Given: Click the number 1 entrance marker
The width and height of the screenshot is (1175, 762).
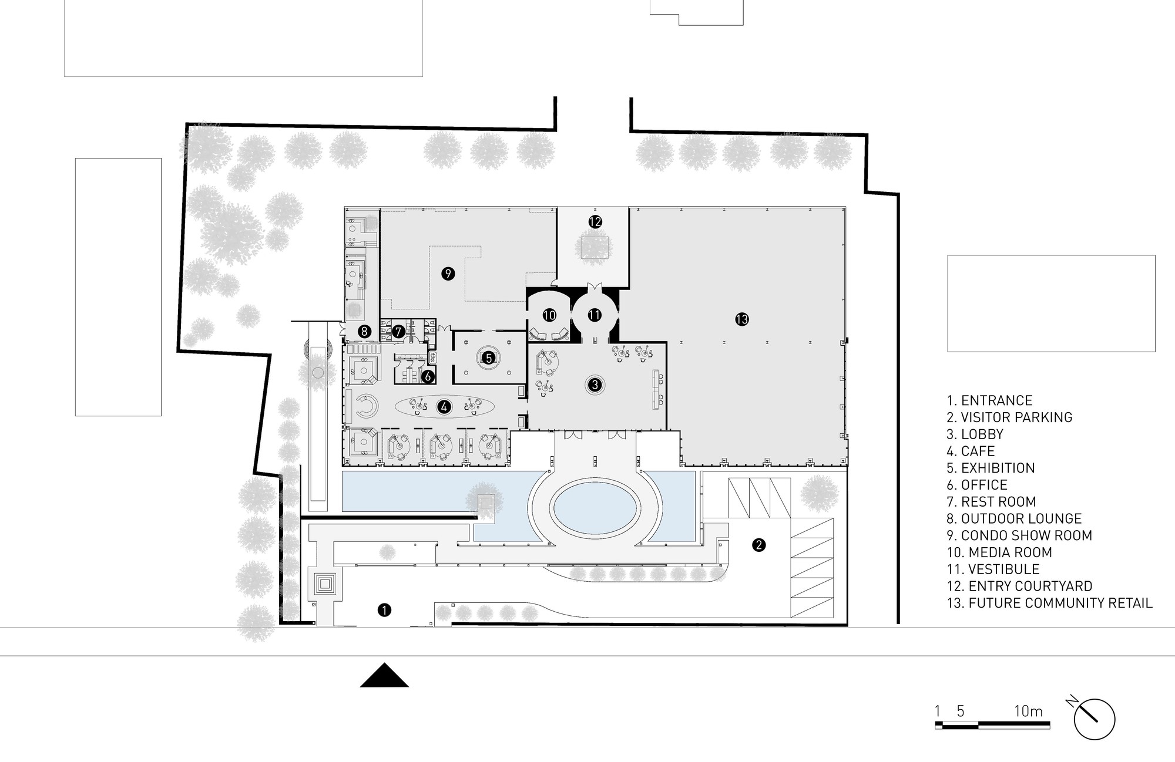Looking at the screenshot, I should (x=384, y=610).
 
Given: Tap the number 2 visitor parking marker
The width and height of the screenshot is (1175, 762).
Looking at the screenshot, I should (x=758, y=545).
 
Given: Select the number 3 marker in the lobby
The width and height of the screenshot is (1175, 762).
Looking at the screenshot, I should (x=595, y=385).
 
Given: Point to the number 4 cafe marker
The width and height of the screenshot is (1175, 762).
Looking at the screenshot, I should (x=444, y=406).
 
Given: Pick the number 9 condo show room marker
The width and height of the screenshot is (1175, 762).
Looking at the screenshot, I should (x=448, y=273).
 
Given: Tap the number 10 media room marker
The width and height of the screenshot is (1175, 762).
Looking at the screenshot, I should (x=549, y=315).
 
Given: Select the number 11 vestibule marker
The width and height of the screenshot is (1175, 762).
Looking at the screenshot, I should (x=595, y=315).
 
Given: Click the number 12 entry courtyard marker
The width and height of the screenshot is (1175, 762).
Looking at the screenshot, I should (x=595, y=222).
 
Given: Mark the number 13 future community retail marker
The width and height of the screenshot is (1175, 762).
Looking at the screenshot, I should (x=742, y=319).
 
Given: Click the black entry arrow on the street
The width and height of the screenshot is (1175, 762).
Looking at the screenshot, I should (x=384, y=675).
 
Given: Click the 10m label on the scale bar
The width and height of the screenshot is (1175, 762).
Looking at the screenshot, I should (x=1028, y=712).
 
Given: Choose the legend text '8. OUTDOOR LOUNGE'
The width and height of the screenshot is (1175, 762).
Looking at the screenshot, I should (x=1014, y=519).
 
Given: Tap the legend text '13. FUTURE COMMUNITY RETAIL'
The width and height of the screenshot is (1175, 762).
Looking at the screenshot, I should (x=1049, y=603).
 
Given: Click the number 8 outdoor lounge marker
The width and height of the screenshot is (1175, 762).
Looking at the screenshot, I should (x=364, y=331).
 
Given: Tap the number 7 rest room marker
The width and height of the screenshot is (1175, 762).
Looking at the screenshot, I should (x=398, y=332).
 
